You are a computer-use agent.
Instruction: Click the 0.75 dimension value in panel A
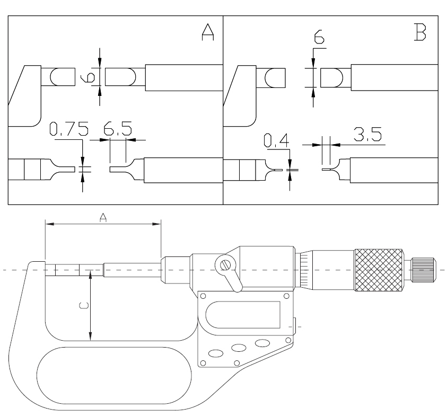coord(69,128)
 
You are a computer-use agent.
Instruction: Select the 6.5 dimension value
coord(118,128)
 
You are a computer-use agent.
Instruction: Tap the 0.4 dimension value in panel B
coord(276,140)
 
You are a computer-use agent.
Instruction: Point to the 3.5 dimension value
coord(367,134)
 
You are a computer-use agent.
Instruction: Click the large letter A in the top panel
coord(207,32)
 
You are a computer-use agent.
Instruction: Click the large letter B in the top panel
coord(420,32)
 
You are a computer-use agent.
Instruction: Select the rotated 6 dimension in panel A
coord(88,77)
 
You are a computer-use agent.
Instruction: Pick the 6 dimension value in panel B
coord(319,37)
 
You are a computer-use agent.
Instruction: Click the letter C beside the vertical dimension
coord(84,306)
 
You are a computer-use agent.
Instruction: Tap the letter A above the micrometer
coord(103,218)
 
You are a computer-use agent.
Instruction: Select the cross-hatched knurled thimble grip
coord(379,270)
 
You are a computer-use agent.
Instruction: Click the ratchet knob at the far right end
coord(423,270)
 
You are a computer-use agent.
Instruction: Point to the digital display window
coord(243,314)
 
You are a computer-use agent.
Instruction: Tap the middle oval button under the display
coord(239,348)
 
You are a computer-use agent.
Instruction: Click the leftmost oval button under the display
coord(216,353)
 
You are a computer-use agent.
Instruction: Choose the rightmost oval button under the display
coord(262,343)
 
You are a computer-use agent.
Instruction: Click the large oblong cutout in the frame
coord(114,376)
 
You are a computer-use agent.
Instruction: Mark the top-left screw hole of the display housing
coord(203,296)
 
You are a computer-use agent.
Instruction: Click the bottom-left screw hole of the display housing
coord(203,363)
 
